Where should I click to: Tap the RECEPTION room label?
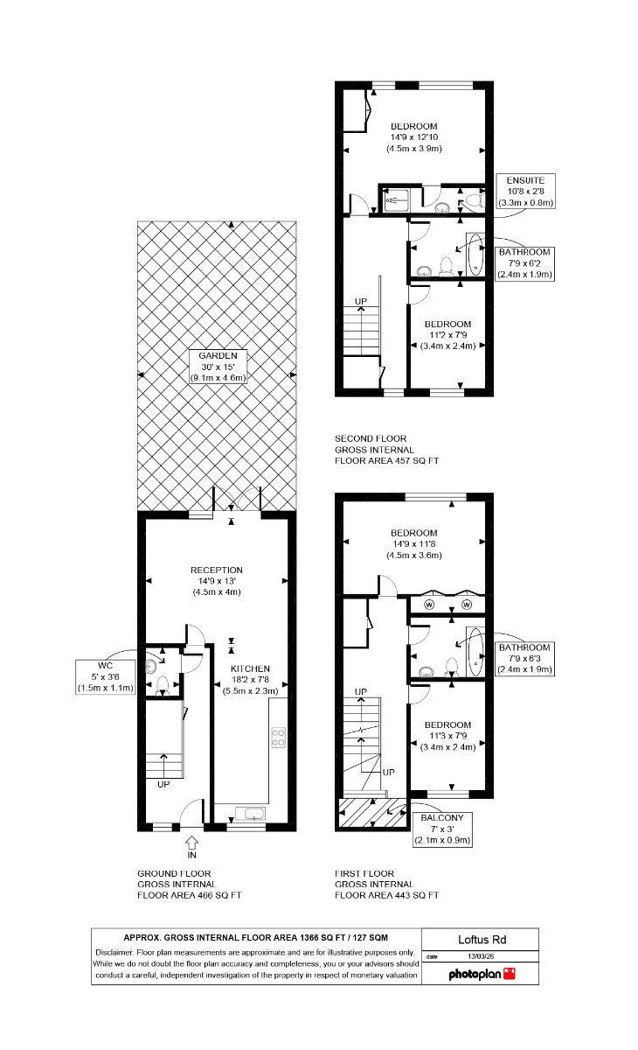[216, 570]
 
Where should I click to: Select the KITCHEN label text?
[250, 668]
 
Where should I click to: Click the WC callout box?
[106, 677]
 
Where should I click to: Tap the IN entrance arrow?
[191, 844]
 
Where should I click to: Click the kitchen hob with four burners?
[278, 738]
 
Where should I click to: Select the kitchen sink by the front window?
[251, 815]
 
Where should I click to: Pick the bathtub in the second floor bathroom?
[475, 255]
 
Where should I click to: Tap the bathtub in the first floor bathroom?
[475, 652]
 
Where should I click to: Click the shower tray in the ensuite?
[396, 200]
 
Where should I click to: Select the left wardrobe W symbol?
[429, 605]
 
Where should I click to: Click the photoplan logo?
[482, 974]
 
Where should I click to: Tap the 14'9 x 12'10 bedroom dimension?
[413, 137]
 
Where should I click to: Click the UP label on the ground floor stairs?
[163, 784]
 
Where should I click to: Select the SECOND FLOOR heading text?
[371, 438]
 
